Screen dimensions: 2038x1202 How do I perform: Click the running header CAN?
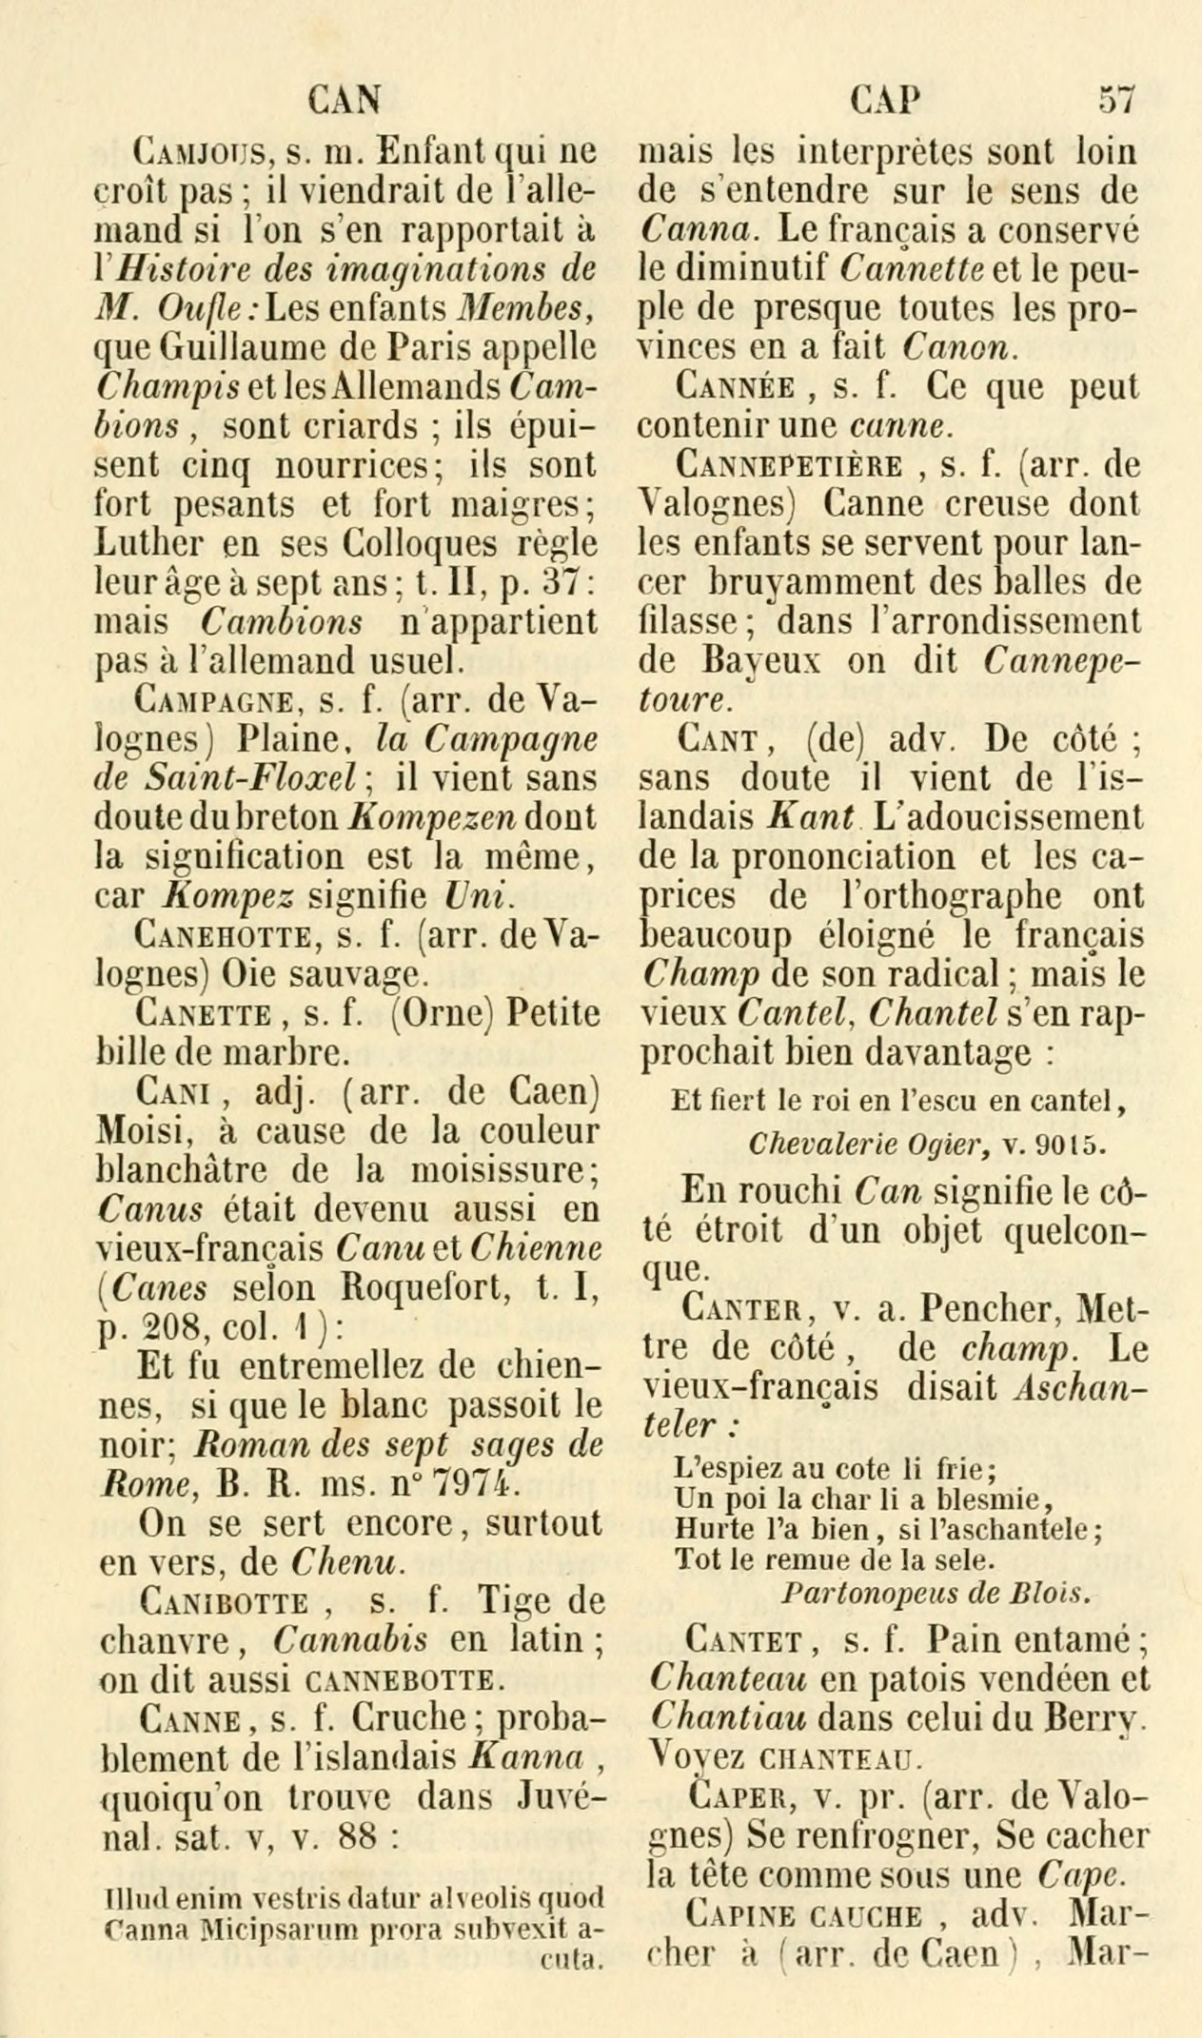click(346, 98)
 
